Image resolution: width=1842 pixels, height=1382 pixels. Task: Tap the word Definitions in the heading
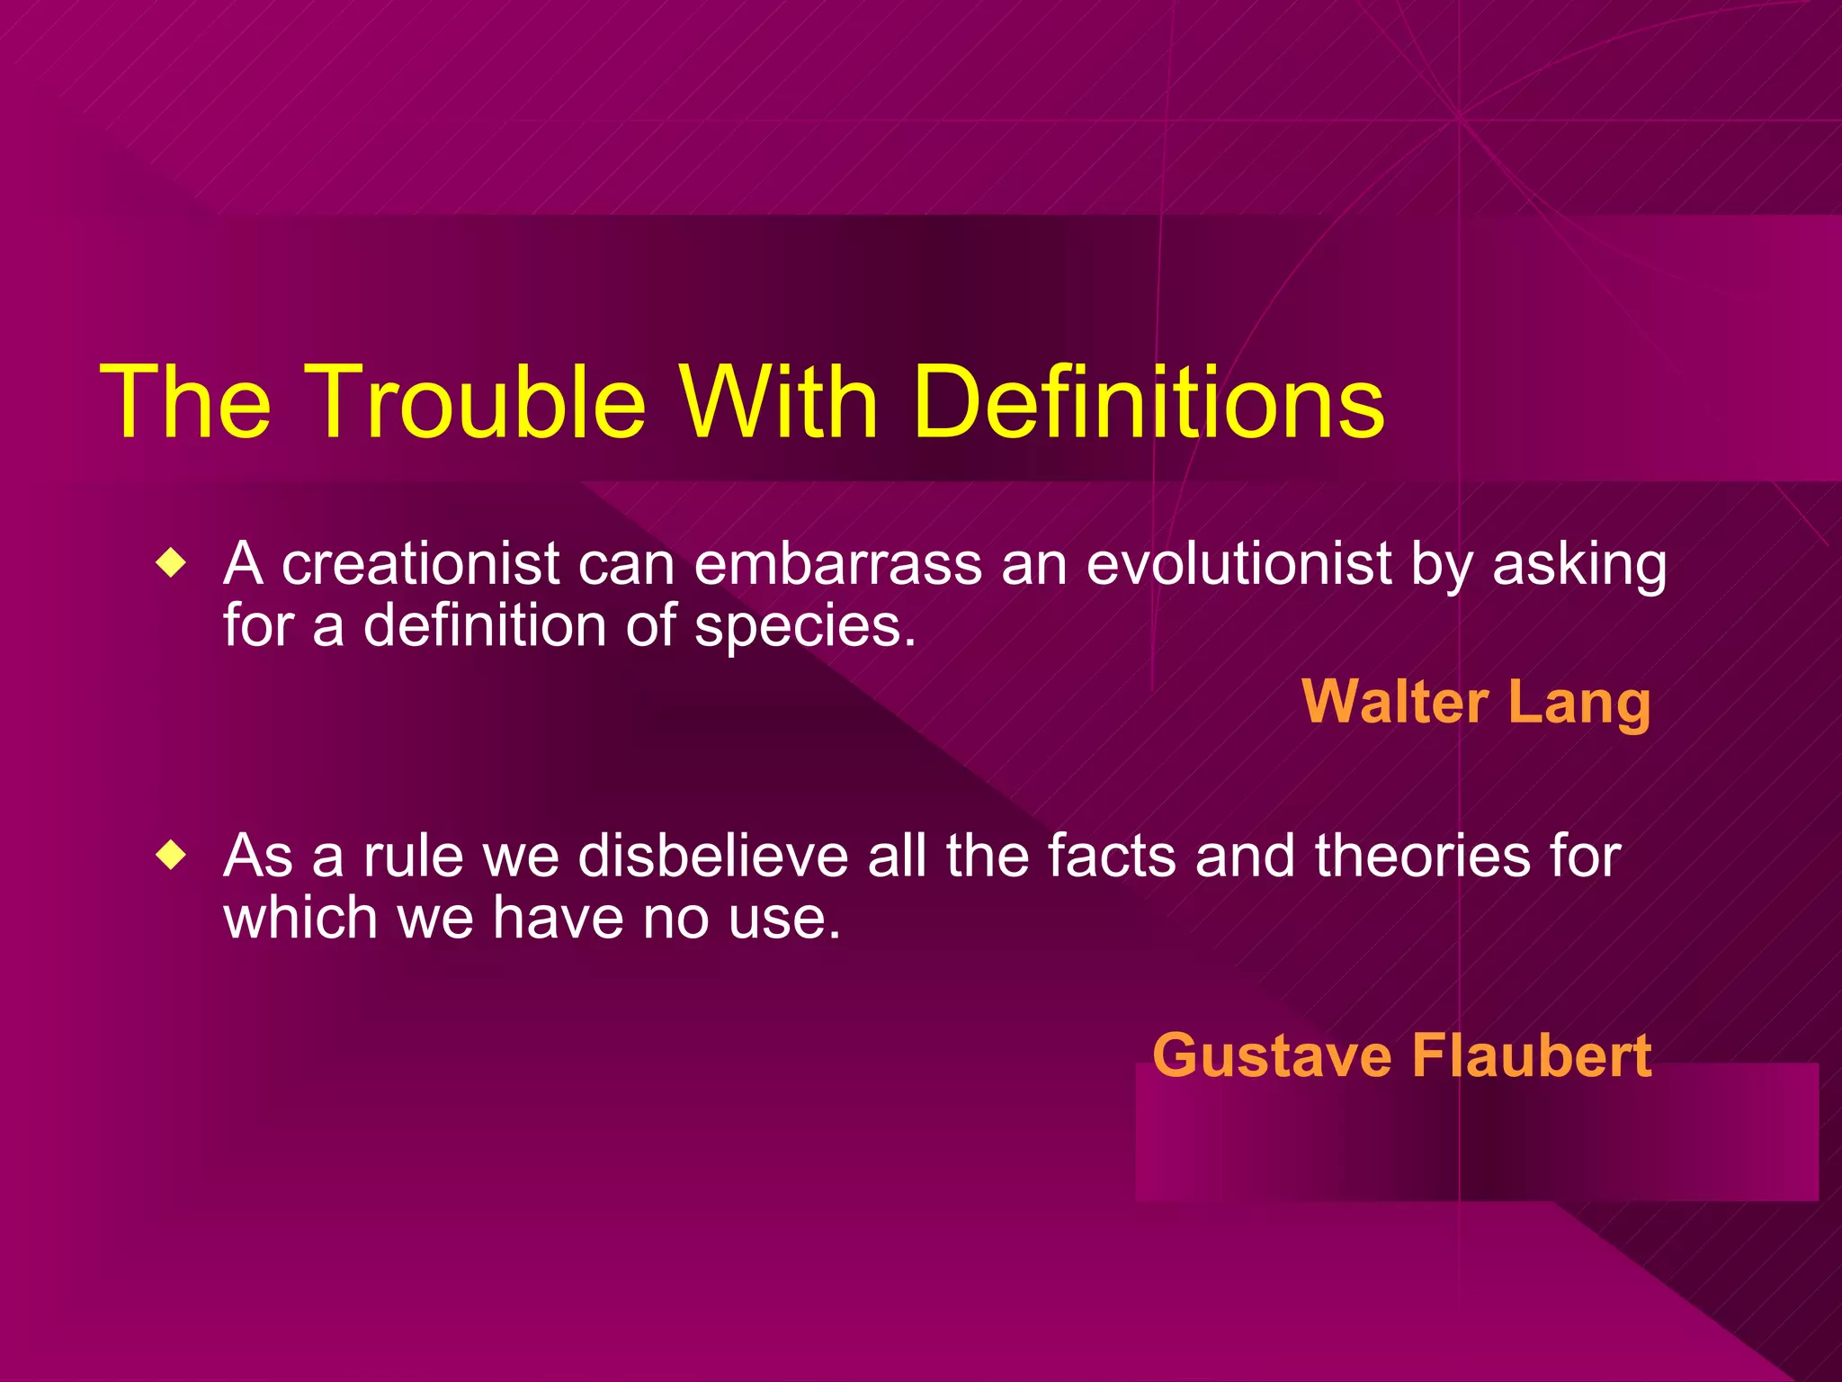(1149, 402)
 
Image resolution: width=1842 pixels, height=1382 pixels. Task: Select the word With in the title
(779, 402)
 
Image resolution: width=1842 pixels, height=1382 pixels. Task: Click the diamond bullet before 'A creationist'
(170, 565)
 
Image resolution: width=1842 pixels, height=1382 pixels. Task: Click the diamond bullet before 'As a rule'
(170, 856)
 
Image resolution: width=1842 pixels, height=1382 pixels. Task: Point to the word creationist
(421, 565)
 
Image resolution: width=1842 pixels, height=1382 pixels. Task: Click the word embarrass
(838, 565)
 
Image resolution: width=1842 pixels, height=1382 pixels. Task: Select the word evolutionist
(1239, 565)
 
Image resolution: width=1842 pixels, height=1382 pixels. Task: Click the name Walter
(1395, 702)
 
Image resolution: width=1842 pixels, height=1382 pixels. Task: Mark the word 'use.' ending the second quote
(784, 920)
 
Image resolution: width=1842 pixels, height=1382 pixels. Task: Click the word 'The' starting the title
(185, 402)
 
